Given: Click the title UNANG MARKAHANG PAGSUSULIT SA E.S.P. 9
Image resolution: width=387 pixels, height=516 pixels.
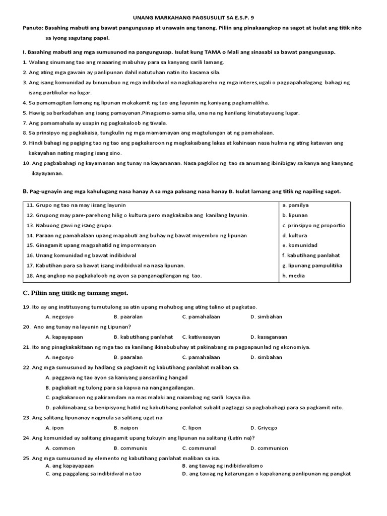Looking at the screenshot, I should point(193,16).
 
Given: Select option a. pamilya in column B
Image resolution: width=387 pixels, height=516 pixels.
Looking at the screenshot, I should point(295,205).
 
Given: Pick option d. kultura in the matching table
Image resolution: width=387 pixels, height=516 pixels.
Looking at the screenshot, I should point(295,235).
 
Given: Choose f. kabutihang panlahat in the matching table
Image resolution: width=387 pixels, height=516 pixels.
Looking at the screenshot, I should point(311,255).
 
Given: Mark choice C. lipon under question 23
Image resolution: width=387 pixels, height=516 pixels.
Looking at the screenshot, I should point(191,428).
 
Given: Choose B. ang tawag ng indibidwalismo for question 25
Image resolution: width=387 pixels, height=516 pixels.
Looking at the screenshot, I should point(222,466).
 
